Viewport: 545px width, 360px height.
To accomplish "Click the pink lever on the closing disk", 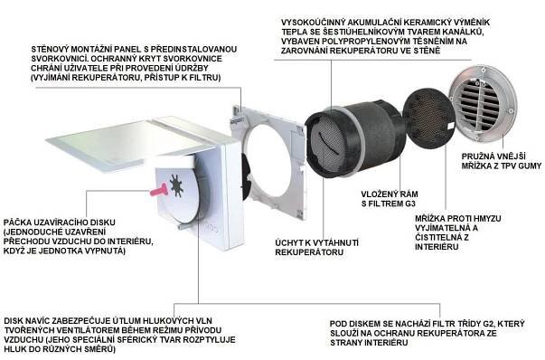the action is [x=158, y=190].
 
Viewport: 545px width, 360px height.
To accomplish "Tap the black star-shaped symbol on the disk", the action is [x=176, y=185].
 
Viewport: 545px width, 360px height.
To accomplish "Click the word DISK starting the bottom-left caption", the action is [x=14, y=321].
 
